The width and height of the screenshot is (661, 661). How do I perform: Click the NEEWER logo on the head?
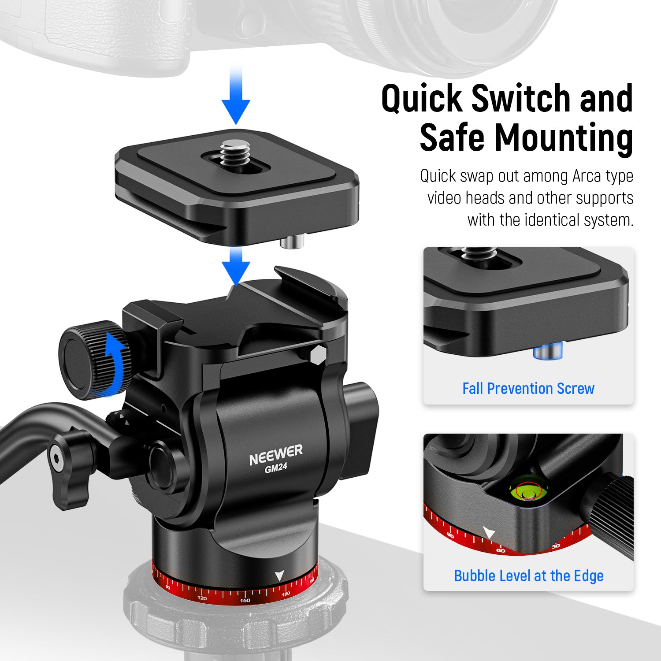[x=276, y=455]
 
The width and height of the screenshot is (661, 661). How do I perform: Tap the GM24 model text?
[x=276, y=468]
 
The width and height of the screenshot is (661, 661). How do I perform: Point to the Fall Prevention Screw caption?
[x=528, y=389]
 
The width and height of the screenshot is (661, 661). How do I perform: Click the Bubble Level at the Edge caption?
[x=528, y=576]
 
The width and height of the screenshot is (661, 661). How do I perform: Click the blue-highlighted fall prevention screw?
[x=548, y=352]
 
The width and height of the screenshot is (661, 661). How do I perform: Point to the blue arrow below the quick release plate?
[x=236, y=267]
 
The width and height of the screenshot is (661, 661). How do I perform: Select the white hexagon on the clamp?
[x=318, y=355]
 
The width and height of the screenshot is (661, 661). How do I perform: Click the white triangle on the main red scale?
[x=279, y=576]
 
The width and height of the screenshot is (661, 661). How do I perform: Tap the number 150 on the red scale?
[x=245, y=600]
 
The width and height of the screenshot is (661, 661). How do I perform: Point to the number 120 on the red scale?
[x=202, y=598]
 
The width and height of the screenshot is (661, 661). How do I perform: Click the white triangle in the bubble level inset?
[x=489, y=532]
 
